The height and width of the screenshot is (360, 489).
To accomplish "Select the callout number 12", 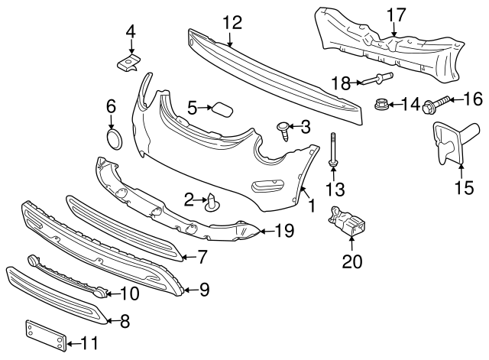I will click(232, 23).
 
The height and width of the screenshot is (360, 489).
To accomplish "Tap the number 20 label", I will click(351, 262).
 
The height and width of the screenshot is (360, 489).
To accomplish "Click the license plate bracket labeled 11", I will click(43, 336).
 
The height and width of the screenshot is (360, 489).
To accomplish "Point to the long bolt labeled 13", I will click(334, 151).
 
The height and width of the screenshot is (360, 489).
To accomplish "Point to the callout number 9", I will click(205, 289).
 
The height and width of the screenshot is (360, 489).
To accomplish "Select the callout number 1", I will click(311, 205).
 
